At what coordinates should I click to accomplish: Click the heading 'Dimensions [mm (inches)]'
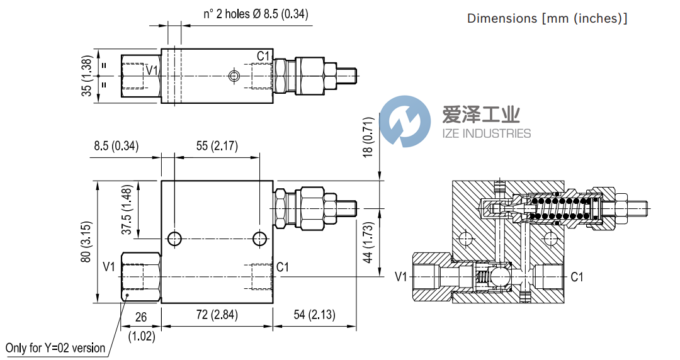click(x=547, y=18)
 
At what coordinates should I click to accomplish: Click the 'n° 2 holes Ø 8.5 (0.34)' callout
click(x=256, y=14)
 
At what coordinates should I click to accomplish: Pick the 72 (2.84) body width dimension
click(x=217, y=315)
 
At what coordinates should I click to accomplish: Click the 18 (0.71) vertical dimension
click(x=370, y=137)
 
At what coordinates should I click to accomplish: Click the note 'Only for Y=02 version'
click(x=55, y=348)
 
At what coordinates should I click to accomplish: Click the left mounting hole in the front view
click(x=174, y=239)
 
